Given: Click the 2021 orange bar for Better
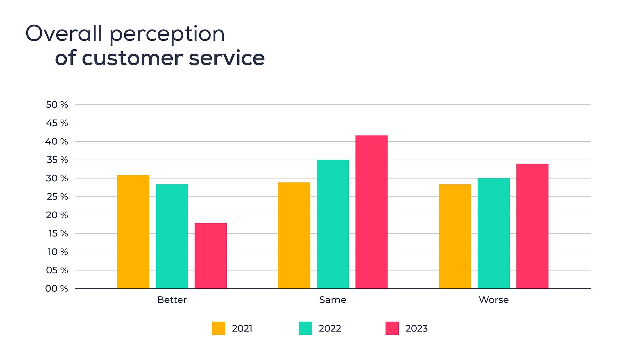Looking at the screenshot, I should pyautogui.click(x=133, y=232).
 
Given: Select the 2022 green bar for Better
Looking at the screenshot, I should pyautogui.click(x=172, y=236).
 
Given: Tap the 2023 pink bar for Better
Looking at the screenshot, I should pyautogui.click(x=210, y=256).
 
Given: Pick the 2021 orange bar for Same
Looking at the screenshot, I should pyautogui.click(x=294, y=235).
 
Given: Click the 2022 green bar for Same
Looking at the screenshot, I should pyautogui.click(x=333, y=224).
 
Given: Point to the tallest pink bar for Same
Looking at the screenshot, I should pyautogui.click(x=371, y=212).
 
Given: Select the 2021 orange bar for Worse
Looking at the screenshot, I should pyautogui.click(x=455, y=236).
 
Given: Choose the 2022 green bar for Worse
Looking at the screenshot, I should pyautogui.click(x=493, y=233).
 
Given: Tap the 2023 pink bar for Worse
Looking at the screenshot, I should pyautogui.click(x=532, y=226).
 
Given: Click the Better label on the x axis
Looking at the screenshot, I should pyautogui.click(x=172, y=300).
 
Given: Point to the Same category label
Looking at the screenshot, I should pyautogui.click(x=333, y=300).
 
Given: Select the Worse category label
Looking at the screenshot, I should pyautogui.click(x=493, y=300).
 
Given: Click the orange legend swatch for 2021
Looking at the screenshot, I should pyautogui.click(x=219, y=328).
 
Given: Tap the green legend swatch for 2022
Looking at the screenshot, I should pyautogui.click(x=305, y=328).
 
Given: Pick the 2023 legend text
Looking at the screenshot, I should pyautogui.click(x=416, y=328).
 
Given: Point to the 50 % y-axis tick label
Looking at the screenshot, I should pyautogui.click(x=57, y=105).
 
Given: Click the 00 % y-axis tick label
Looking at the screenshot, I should pyautogui.click(x=57, y=288).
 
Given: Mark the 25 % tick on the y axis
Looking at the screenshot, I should pyautogui.click(x=57, y=197).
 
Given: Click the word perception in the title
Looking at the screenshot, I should pyautogui.click(x=167, y=34).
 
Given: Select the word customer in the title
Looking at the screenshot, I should pyautogui.click(x=132, y=58).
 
